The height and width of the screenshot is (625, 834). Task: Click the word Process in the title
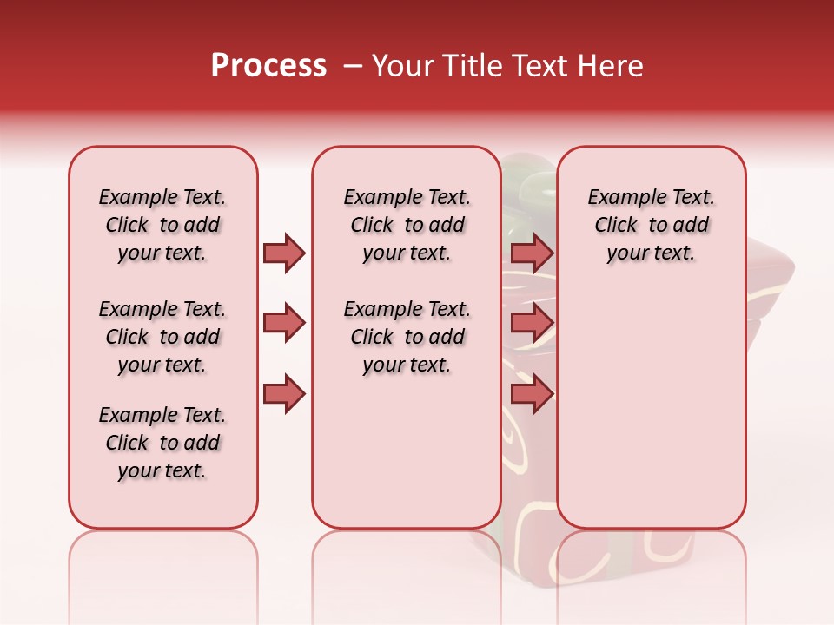pos(268,66)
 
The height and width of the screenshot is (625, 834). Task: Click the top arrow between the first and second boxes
pos(284,253)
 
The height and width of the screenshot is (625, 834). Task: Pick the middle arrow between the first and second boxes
pos(284,323)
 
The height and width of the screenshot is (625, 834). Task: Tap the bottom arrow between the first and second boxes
pos(284,394)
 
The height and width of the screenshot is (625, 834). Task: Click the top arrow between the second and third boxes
pos(532,253)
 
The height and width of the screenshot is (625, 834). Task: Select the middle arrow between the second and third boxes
pos(532,323)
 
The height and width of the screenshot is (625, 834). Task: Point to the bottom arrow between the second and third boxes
pos(532,394)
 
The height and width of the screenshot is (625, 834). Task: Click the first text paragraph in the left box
pos(162,225)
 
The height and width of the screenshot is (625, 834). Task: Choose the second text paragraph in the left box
pos(162,337)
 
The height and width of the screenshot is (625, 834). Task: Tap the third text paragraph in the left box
pos(162,443)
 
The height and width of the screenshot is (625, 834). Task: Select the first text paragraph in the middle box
pos(407,225)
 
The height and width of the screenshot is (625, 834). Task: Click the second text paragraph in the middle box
pos(407,337)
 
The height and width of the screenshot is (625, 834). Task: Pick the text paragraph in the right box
pos(651,225)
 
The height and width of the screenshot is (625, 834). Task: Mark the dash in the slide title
pos(352,66)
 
